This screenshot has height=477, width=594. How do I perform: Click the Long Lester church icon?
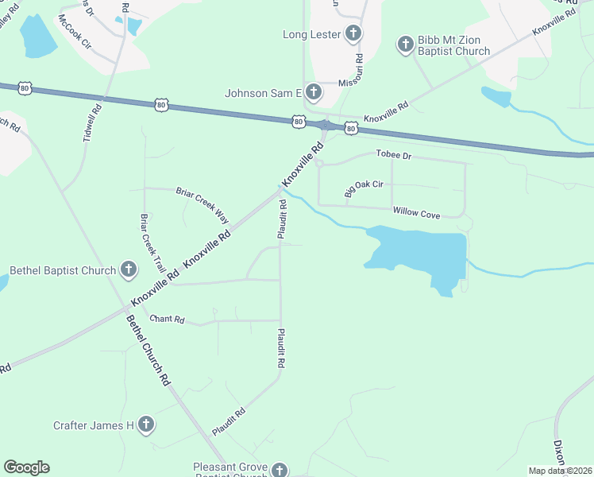click(x=353, y=34)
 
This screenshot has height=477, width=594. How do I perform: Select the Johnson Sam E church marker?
click(x=313, y=93)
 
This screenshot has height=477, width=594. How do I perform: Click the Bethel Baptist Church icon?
click(x=128, y=270)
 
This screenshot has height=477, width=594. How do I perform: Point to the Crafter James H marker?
click(x=145, y=425)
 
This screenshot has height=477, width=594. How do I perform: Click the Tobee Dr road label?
click(x=393, y=156)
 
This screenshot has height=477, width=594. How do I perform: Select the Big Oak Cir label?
click(x=364, y=188)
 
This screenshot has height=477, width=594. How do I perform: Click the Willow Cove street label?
click(x=416, y=213)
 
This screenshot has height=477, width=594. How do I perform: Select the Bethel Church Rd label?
click(x=148, y=350)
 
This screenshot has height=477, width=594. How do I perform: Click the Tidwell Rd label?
click(x=93, y=123)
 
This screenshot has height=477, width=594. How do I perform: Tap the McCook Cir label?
click(x=75, y=31)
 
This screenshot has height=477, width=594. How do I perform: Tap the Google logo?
click(x=26, y=467)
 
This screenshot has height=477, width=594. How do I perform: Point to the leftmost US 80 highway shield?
click(x=25, y=88)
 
